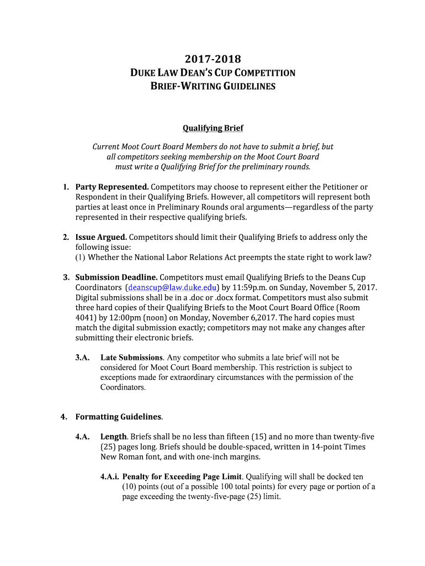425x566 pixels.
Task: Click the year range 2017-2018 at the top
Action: pos(212,59)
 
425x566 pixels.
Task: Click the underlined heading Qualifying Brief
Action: pos(212,128)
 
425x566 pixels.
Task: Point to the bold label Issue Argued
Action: pos(101,237)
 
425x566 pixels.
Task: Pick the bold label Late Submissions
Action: pos(131,358)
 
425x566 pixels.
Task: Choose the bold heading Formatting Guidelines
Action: pos(119,416)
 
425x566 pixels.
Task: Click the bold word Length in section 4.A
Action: pos(114,437)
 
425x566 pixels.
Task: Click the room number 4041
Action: pos(87,318)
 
